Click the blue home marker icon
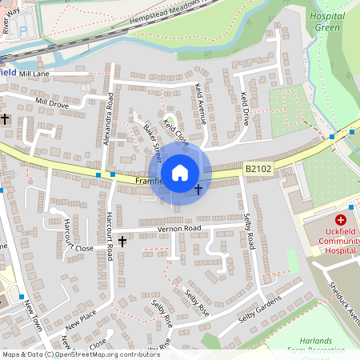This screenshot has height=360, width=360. (179, 172)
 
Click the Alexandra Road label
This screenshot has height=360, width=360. (109, 118)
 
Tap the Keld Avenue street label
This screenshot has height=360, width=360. (201, 104)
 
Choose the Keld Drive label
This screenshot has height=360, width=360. (245, 109)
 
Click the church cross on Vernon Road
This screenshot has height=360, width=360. (122, 240)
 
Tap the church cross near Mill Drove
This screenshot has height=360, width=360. (5, 119)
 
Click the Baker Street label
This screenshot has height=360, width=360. (152, 138)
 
